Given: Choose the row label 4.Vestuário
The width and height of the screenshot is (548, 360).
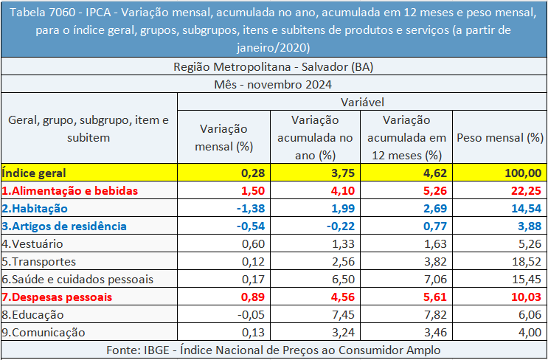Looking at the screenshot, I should [32, 243].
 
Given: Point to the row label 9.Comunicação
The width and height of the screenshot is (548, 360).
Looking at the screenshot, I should [44, 332].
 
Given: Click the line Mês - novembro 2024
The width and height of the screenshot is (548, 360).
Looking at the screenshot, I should [274, 84].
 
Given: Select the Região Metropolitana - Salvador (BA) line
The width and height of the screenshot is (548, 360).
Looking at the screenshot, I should [274, 66].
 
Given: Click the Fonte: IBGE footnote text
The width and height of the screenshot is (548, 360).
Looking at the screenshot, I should [274, 350].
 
